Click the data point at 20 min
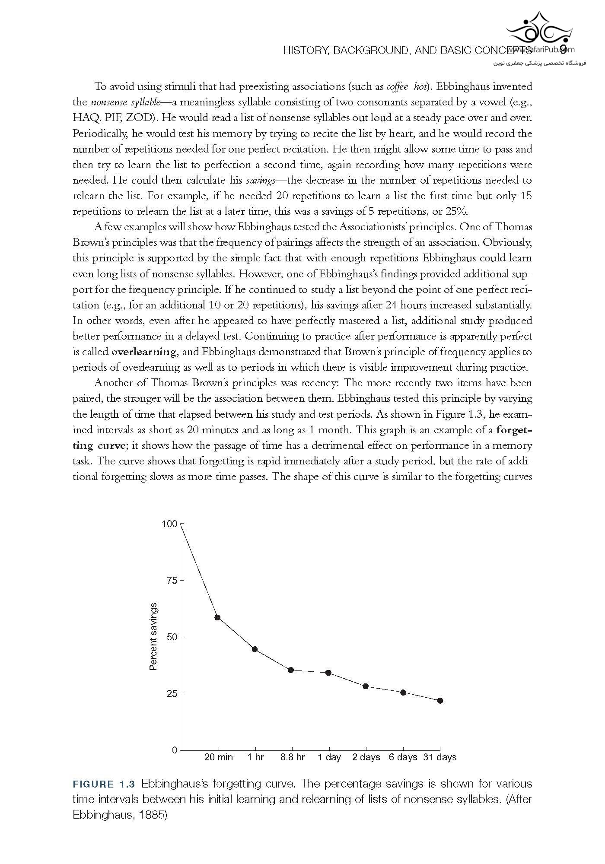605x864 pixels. click(x=217, y=617)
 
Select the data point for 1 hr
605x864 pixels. click(x=255, y=649)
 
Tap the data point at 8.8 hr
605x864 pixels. click(x=291, y=670)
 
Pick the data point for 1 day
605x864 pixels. click(x=328, y=673)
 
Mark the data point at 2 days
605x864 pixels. click(x=366, y=686)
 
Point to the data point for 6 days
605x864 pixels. click(x=403, y=692)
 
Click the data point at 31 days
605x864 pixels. click(x=440, y=701)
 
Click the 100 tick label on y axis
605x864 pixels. click(x=169, y=524)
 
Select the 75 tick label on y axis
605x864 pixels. click(x=172, y=581)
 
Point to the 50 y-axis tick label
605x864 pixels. click(x=172, y=637)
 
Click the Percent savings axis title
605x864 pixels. click(x=153, y=637)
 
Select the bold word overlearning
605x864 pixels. click(x=143, y=352)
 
